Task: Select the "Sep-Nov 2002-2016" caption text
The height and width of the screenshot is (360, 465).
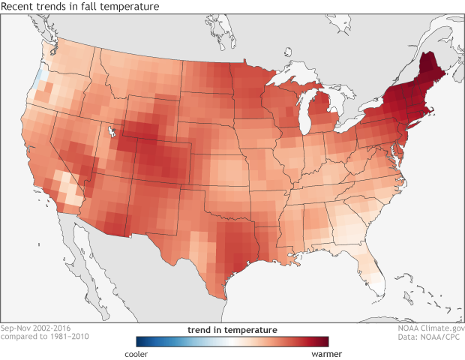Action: point(37,328)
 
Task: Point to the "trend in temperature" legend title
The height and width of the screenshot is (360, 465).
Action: point(232,329)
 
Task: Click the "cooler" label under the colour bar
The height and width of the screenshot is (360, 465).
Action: point(148,351)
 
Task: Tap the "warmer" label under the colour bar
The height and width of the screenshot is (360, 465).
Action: point(314,351)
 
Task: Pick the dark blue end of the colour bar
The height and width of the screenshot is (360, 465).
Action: point(139,340)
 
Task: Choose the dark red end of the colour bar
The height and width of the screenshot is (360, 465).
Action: point(324,340)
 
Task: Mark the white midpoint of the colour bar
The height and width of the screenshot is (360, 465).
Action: point(232,340)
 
